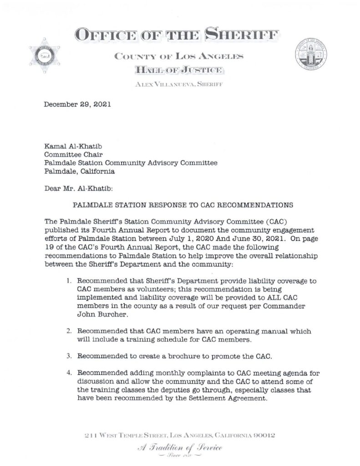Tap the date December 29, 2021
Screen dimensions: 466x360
pos(77,104)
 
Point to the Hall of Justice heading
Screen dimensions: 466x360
pos(178,70)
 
